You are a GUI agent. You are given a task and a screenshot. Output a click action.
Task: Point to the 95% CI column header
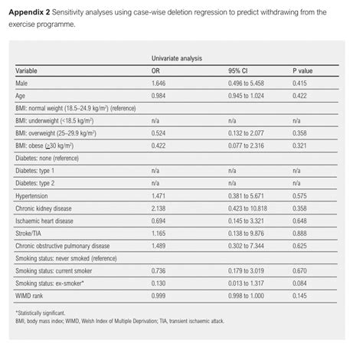pyautogui.click(x=237, y=71)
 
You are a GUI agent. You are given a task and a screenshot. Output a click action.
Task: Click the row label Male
pyautogui.click(x=23, y=84)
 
